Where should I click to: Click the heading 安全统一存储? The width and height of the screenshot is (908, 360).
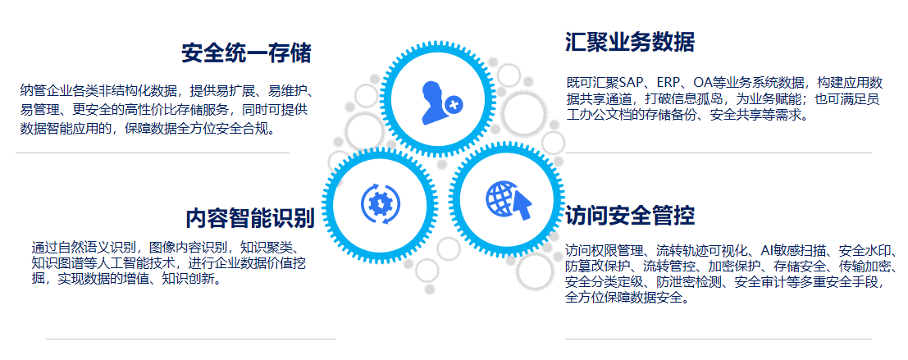[x=246, y=53]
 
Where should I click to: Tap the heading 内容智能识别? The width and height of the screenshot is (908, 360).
[x=250, y=218]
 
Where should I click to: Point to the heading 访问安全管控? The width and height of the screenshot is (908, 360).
[x=629, y=216]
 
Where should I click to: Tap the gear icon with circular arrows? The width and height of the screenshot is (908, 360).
[x=380, y=203]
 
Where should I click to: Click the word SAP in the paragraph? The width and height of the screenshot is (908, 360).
[x=630, y=83]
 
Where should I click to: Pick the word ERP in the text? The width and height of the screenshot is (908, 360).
[x=669, y=83]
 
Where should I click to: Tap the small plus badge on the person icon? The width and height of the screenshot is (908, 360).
[x=453, y=104]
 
